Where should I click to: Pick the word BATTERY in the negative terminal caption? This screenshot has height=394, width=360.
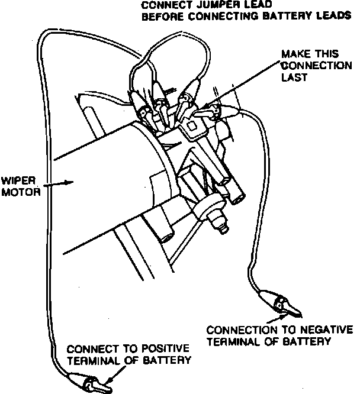pyautogui.click(x=301, y=341)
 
